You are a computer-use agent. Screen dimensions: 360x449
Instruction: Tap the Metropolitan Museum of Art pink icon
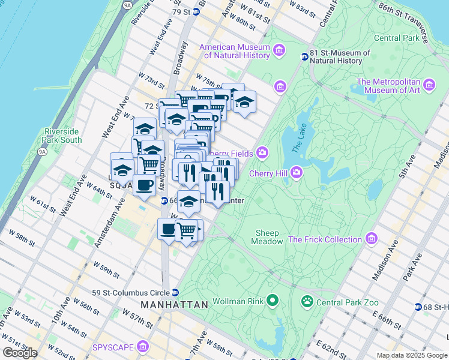pos(429,86)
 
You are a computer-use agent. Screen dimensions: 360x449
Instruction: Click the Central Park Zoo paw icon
pos(307,300)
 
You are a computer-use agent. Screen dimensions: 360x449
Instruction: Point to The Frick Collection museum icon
pos(371,239)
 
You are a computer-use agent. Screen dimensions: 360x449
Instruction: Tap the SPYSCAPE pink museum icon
pos(143,347)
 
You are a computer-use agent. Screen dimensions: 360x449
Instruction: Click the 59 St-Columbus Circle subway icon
pos(175,293)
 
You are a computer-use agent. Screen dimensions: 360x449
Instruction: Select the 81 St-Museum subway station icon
pos(304,56)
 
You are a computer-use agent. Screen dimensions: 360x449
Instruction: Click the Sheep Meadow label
pos(268,237)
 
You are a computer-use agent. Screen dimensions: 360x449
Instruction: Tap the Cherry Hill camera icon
pos(297,173)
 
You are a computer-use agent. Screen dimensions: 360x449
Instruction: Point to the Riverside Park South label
pos(62,136)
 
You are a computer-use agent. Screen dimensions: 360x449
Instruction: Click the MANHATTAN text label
pos(174,305)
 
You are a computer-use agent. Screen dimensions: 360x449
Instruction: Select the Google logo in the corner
pos(20,353)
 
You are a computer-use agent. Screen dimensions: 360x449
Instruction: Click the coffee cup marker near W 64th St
pos(144,185)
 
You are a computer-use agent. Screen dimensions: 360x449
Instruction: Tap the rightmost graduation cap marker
pos(244,103)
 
